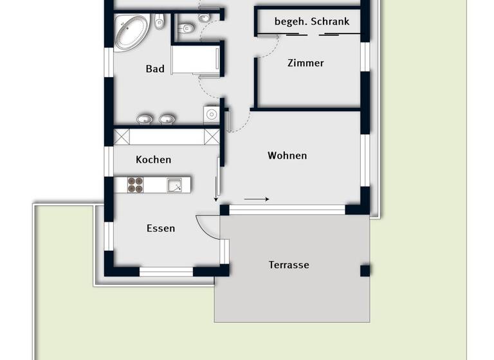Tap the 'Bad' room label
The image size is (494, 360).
155,69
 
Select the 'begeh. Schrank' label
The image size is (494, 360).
312,21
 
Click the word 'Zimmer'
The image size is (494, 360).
306,63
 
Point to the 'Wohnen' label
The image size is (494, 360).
288,156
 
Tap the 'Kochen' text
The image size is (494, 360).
154,159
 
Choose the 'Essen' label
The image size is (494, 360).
161,228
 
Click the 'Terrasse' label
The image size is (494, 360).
289,265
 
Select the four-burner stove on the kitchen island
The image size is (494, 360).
135,185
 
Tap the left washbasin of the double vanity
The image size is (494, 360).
145,119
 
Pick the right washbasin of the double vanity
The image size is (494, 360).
167,119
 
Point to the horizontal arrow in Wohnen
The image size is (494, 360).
257,199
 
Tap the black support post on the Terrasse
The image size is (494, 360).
365,270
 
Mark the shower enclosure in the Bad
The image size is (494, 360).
196,61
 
